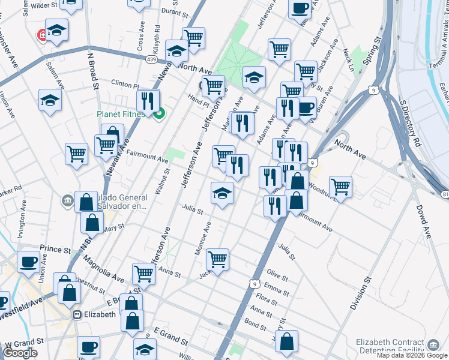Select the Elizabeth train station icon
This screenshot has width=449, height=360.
[77, 314]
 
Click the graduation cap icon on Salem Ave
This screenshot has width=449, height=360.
[50, 100]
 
